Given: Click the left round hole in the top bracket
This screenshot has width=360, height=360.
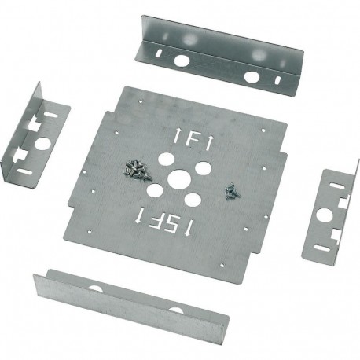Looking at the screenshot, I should click(182, 60).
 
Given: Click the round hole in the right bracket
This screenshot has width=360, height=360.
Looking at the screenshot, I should click(323, 211).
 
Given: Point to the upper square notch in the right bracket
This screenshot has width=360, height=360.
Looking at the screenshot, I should click(343, 200).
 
